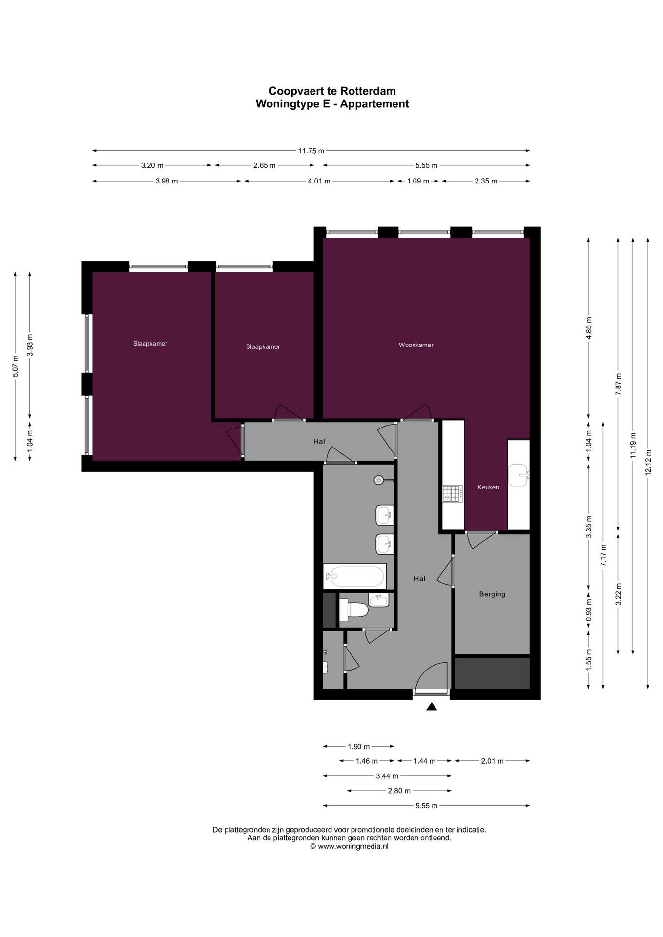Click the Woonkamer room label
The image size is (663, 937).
coord(416,345)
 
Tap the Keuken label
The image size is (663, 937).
coord(488,487)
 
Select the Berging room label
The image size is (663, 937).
coord(492,594)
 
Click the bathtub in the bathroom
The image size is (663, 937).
coord(355,576)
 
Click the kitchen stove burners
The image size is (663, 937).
coord(453,494)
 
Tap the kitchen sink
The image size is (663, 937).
coord(518,475)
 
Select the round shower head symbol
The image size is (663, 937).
coord(379,480)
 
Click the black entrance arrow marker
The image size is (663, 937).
coord(431,706)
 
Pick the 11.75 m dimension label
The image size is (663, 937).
coord(311,151)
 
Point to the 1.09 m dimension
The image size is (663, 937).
coord(418,181)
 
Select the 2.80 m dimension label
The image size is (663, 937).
coord(399,791)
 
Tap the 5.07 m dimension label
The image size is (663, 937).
coord(15,366)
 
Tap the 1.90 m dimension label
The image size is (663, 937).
coord(358,746)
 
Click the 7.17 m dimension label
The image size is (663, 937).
coord(603,555)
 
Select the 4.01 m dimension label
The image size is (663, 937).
coord(319,181)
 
